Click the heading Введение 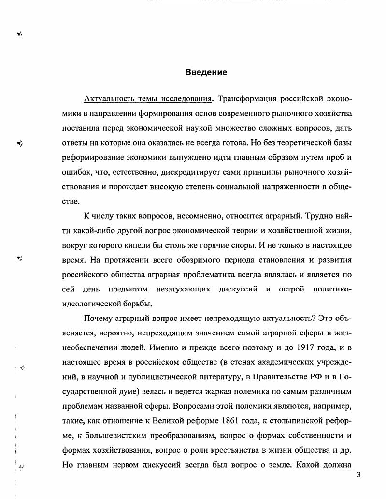tap(206, 73)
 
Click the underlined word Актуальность tap(109, 99)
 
